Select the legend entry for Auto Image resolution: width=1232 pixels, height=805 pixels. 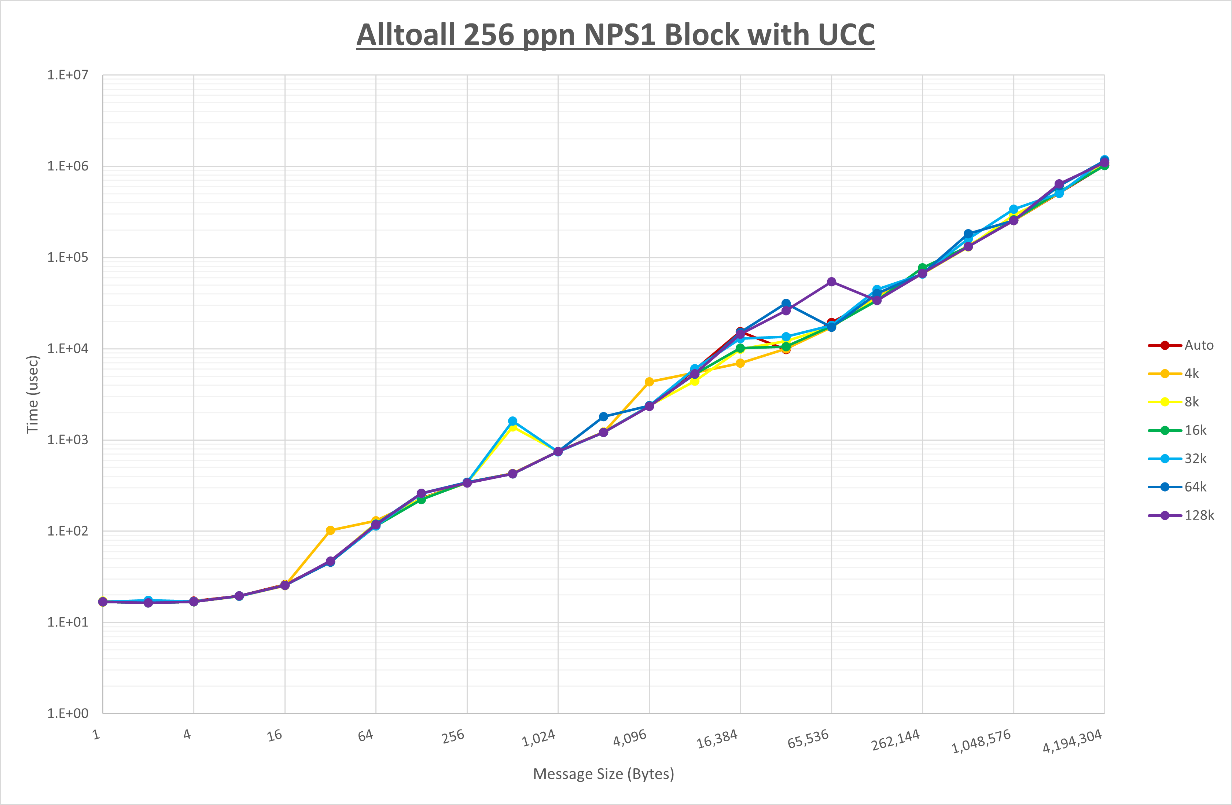(x=1198, y=345)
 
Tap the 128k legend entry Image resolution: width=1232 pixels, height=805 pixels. (x=1199, y=515)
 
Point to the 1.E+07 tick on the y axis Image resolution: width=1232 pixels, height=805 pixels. (x=68, y=75)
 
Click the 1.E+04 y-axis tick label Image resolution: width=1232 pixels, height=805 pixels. (x=68, y=348)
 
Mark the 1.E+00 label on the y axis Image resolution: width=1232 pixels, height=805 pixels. (x=68, y=713)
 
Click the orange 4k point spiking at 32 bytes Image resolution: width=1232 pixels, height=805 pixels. (x=330, y=530)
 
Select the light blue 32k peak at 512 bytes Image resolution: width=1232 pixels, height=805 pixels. (x=512, y=421)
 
